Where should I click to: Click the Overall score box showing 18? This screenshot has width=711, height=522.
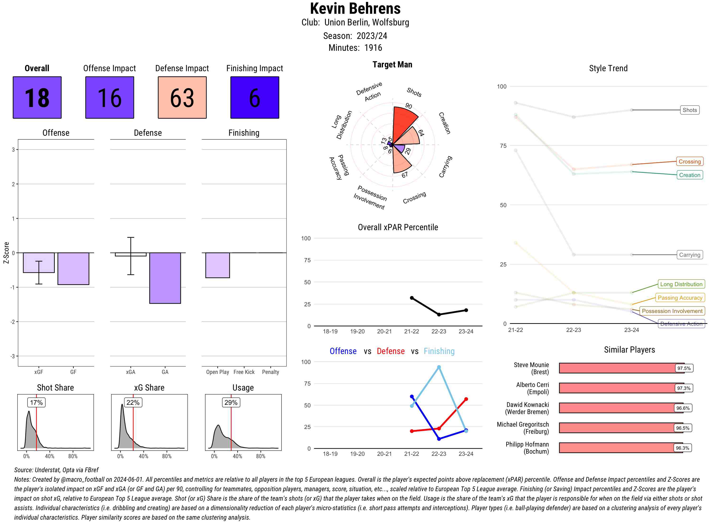[x=37, y=97]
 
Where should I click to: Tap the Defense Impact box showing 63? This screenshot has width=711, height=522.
[x=182, y=97]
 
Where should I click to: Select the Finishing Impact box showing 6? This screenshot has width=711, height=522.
[x=255, y=97]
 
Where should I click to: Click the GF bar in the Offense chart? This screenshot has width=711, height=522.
[x=73, y=269]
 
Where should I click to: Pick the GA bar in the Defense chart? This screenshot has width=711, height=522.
[x=165, y=278]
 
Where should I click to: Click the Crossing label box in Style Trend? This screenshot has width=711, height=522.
[x=689, y=162]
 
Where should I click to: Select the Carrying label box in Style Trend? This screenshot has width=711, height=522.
[x=689, y=255]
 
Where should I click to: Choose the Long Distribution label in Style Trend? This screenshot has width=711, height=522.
[x=681, y=284]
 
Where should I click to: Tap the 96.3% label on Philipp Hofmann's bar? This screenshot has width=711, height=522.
[x=683, y=448]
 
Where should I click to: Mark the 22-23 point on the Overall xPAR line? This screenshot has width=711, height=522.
[x=439, y=314]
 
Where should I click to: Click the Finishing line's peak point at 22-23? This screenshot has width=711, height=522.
[x=439, y=367]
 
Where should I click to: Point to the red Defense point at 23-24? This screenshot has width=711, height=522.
[x=466, y=399]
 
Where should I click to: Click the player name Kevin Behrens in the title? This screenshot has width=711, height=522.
[x=355, y=9]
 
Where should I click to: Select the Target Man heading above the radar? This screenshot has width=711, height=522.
[x=392, y=65]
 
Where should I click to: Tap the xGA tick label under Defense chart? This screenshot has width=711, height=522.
[x=131, y=372]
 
